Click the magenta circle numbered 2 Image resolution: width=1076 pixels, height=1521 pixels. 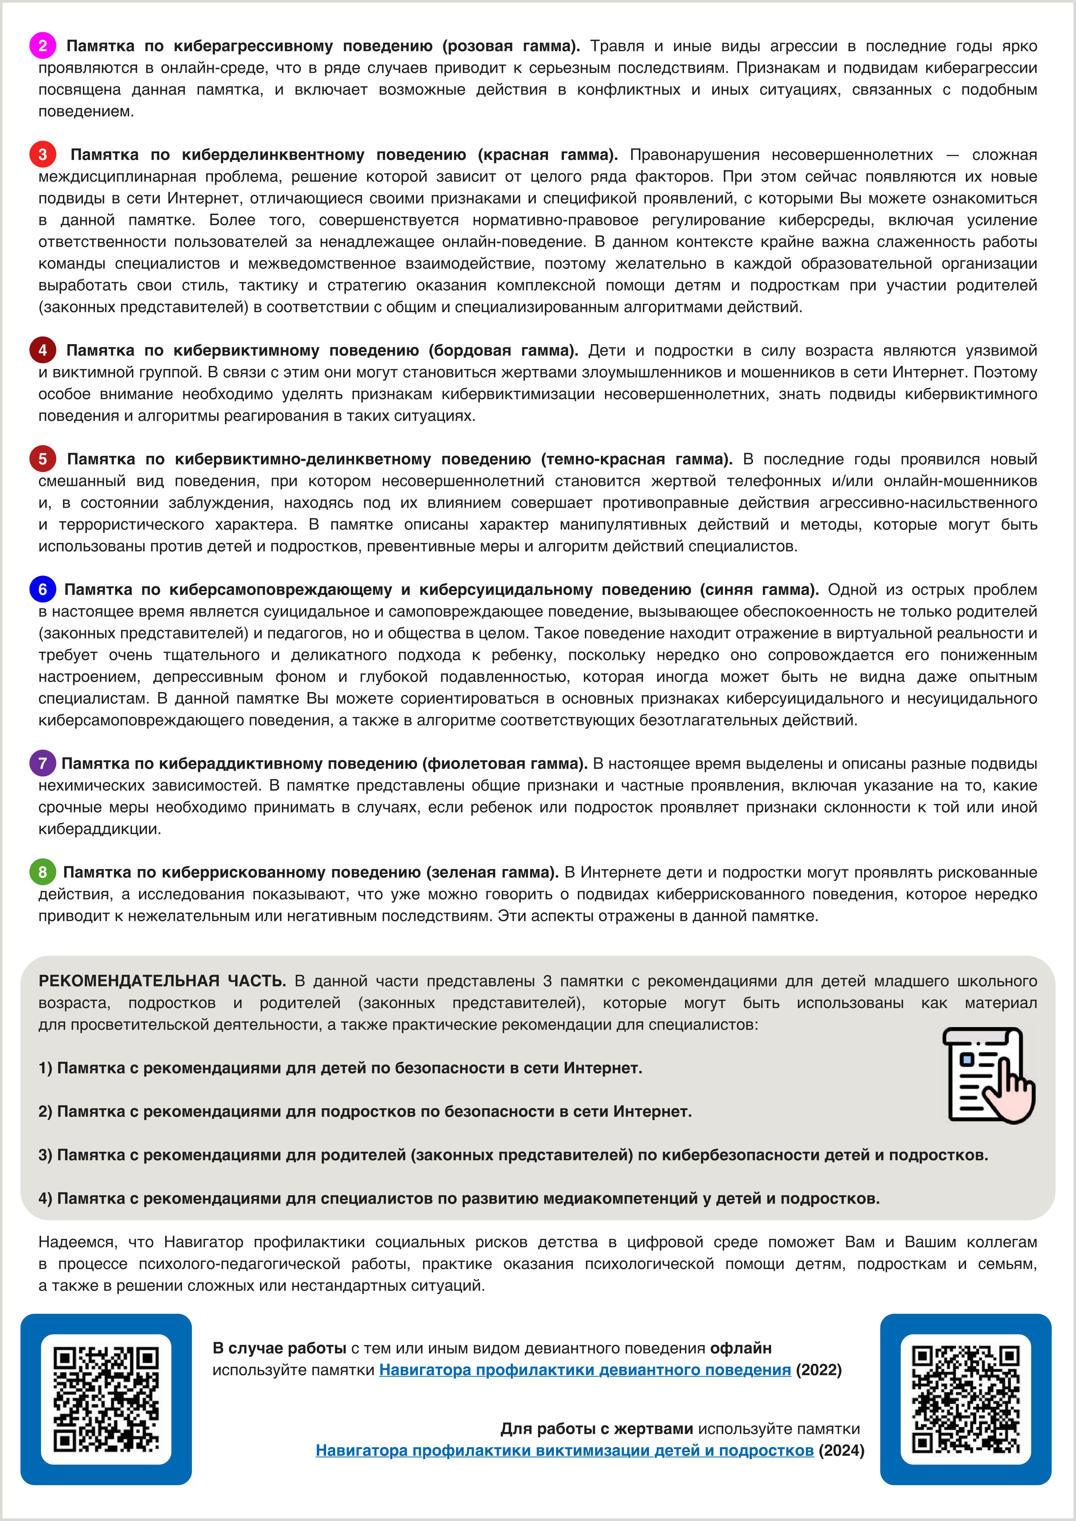point(42,46)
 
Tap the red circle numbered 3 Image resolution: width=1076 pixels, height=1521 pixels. point(42,154)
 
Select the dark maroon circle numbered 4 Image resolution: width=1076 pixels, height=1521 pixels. point(42,350)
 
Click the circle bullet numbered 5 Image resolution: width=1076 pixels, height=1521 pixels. point(42,458)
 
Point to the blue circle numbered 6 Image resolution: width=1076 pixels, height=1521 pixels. point(42,589)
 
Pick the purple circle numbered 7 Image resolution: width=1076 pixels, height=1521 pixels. point(42,763)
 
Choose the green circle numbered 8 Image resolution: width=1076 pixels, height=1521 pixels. point(42,872)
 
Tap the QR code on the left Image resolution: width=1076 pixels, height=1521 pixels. point(106,1399)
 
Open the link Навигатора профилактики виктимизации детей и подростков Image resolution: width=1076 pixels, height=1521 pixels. point(565,1450)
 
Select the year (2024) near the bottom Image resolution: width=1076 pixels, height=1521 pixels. point(841,1450)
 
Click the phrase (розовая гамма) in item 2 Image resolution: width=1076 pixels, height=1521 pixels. point(511,46)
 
